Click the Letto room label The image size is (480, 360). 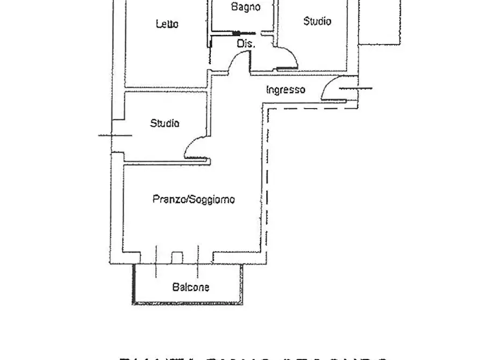[167, 24]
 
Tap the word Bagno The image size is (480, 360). [246, 7]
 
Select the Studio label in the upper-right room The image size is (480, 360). [317, 21]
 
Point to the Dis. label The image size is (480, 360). [246, 45]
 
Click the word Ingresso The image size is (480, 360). [285, 90]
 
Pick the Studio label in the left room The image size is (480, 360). [164, 124]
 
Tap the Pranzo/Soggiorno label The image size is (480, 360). [194, 199]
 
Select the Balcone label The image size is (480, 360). [191, 287]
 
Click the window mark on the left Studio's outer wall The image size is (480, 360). [114, 135]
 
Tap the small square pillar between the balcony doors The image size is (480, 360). [177, 257]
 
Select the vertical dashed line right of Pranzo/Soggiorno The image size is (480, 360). [267, 177]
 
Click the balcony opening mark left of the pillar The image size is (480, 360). [156, 261]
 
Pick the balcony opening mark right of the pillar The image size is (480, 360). [198, 261]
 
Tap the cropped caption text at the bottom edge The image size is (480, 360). [253, 357]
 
